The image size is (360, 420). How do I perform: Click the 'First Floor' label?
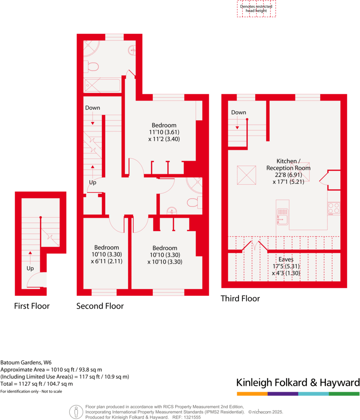point(32,306)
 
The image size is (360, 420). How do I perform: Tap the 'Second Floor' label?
point(100,306)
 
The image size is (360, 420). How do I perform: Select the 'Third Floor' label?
point(240,299)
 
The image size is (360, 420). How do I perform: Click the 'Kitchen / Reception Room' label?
point(288,164)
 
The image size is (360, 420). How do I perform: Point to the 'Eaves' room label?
point(286,259)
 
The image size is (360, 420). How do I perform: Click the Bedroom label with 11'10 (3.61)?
point(164,125)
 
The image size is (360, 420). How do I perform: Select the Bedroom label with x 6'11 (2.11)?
point(106,247)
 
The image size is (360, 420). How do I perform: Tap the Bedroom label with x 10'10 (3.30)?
point(165,248)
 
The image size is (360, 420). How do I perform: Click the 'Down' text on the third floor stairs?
point(239,112)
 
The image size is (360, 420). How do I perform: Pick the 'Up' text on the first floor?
point(30,268)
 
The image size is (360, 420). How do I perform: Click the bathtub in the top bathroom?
point(102,86)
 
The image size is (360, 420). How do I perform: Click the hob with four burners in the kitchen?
point(334,208)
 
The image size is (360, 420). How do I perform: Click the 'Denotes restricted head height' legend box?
point(256,9)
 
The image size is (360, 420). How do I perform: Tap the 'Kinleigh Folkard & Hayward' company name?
point(298,382)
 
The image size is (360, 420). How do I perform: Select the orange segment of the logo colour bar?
point(252,393)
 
